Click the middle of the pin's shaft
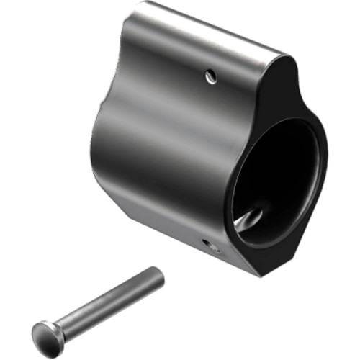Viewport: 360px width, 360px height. pyautogui.click(x=101, y=303)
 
